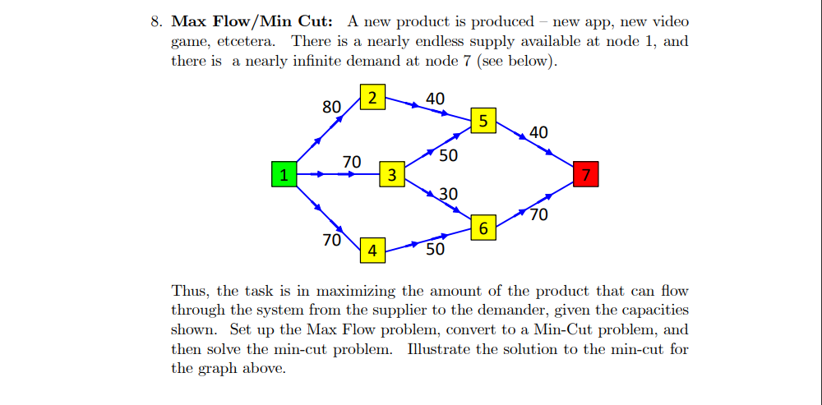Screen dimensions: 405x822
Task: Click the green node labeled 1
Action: click(284, 174)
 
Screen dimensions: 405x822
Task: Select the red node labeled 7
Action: click(585, 174)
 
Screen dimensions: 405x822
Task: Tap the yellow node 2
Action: click(372, 98)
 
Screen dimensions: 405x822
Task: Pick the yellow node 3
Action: click(392, 174)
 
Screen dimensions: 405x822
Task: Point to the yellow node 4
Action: click(372, 251)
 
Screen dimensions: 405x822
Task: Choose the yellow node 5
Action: click(483, 121)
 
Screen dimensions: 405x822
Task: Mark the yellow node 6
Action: click(483, 228)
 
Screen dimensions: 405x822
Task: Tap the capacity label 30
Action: click(448, 194)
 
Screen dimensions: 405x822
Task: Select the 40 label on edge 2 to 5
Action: click(435, 99)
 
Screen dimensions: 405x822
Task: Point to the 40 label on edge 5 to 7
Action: click(538, 132)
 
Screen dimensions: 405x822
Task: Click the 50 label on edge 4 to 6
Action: click(435, 249)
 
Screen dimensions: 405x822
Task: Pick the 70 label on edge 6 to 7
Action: click(538, 216)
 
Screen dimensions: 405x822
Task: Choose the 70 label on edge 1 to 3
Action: click(352, 162)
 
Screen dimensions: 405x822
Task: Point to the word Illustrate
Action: click(441, 349)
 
